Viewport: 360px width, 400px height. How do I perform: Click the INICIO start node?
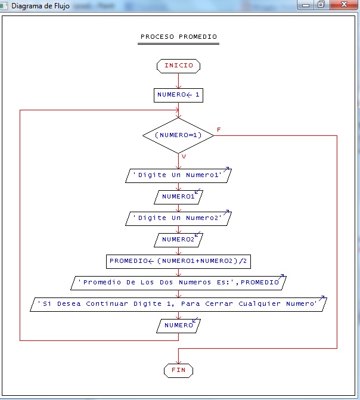point(178,66)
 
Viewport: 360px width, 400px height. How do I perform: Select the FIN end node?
point(178,370)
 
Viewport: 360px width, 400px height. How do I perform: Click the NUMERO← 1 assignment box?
point(178,95)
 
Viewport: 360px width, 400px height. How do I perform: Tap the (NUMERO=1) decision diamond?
point(178,135)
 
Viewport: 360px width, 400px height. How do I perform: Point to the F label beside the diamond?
point(219,129)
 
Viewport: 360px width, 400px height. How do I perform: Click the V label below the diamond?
point(184,156)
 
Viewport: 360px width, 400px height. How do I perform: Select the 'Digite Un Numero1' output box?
point(178,175)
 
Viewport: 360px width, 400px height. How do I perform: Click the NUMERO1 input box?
point(178,197)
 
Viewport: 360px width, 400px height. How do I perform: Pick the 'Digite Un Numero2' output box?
point(178,218)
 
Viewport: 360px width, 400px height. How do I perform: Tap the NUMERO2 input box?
point(178,240)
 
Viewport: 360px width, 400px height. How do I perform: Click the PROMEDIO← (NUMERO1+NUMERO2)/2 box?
point(178,261)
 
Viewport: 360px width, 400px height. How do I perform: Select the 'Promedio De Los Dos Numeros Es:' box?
point(178,283)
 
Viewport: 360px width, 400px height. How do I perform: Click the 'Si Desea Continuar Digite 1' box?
point(178,304)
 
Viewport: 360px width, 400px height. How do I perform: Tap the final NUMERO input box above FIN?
point(178,325)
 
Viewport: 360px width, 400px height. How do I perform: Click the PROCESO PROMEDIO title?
point(179,37)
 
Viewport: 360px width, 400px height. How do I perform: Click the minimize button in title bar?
point(306,5)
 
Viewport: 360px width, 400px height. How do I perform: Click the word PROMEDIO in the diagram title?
point(197,37)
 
